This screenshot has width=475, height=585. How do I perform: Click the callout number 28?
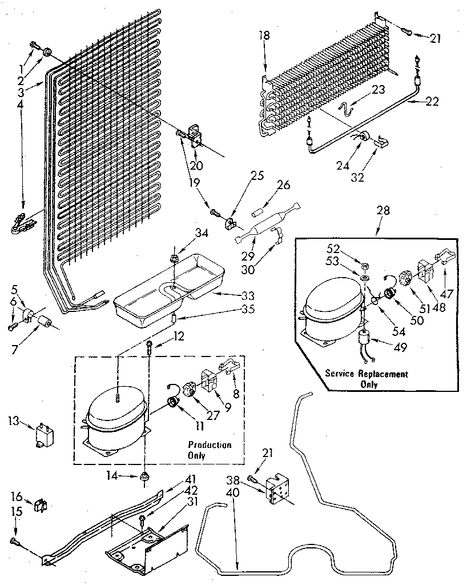tap(383, 210)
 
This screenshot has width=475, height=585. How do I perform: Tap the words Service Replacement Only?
tap(366, 379)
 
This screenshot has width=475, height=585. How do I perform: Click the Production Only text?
tap(210, 450)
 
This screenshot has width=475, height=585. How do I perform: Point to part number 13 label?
tap(14, 422)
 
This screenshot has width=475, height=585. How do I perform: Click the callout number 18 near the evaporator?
tap(264, 35)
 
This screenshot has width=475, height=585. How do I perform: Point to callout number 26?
tap(284, 185)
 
